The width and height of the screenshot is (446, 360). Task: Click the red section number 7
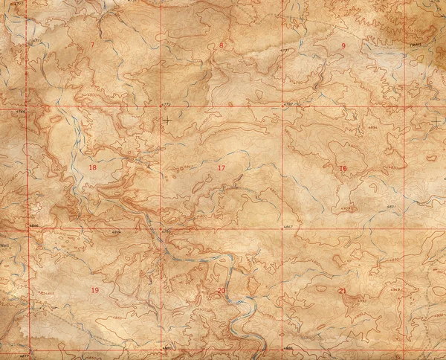[x=92, y=46]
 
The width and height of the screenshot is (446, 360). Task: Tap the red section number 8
[x=221, y=46]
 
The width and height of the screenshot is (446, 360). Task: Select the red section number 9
[x=343, y=46]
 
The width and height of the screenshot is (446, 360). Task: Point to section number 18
[x=92, y=167]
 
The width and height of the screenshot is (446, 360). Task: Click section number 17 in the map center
[x=221, y=168]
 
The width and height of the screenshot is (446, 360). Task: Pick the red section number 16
[x=343, y=168]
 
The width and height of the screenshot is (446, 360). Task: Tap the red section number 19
[x=94, y=289]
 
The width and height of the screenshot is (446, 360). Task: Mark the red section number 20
[x=221, y=290]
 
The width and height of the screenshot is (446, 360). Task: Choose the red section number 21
[x=343, y=290]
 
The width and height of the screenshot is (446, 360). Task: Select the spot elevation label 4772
[x=166, y=105]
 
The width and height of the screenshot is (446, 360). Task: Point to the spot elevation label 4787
[x=288, y=105]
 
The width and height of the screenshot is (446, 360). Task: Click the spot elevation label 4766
[x=21, y=112]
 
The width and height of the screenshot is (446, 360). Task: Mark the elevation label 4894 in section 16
[x=372, y=128]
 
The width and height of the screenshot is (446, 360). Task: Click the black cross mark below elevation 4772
[x=167, y=119]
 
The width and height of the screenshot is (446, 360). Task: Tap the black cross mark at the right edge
[x=435, y=119]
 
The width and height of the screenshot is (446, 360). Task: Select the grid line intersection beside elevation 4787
[x=282, y=109]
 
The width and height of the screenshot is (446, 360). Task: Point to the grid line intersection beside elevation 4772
[x=161, y=109]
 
